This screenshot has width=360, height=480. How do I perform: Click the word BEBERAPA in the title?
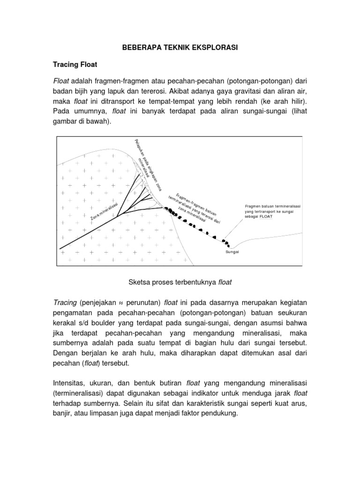pos(138,47)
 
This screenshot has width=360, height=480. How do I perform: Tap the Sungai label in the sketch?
pos(232,252)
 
